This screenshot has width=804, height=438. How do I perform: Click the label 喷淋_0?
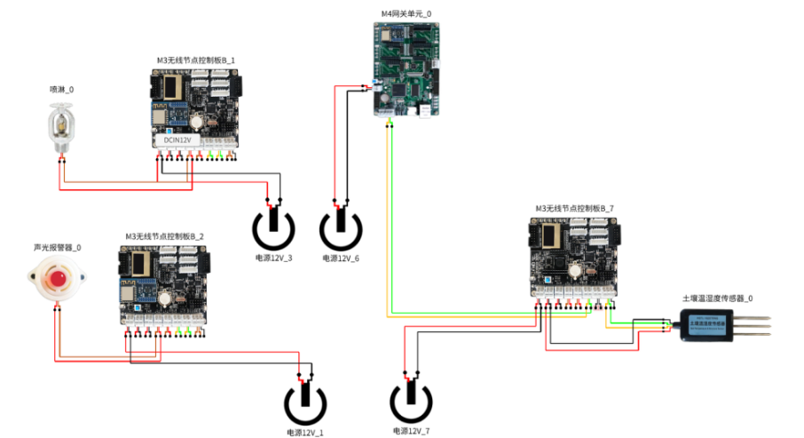[x=62, y=91]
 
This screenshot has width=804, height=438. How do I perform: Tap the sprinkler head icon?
[x=61, y=126]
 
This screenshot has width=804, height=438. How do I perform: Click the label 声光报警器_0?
[x=58, y=247]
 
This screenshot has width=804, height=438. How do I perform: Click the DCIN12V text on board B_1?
[x=177, y=139]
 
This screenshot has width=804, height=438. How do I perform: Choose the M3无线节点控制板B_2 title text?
[x=164, y=236]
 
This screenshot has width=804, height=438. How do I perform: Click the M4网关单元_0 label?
[x=406, y=13]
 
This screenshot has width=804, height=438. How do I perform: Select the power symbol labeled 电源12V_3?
[x=274, y=228]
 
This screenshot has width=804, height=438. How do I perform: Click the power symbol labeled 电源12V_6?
[x=340, y=228]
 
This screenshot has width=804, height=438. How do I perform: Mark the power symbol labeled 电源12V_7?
[x=411, y=402]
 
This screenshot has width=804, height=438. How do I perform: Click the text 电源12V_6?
[x=340, y=258]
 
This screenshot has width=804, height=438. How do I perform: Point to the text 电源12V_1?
[x=304, y=432]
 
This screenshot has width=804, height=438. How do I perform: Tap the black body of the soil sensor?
[x=710, y=327]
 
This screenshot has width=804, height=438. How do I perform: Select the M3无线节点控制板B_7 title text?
[x=574, y=208]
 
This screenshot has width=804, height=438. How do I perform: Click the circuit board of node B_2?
[x=164, y=286]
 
